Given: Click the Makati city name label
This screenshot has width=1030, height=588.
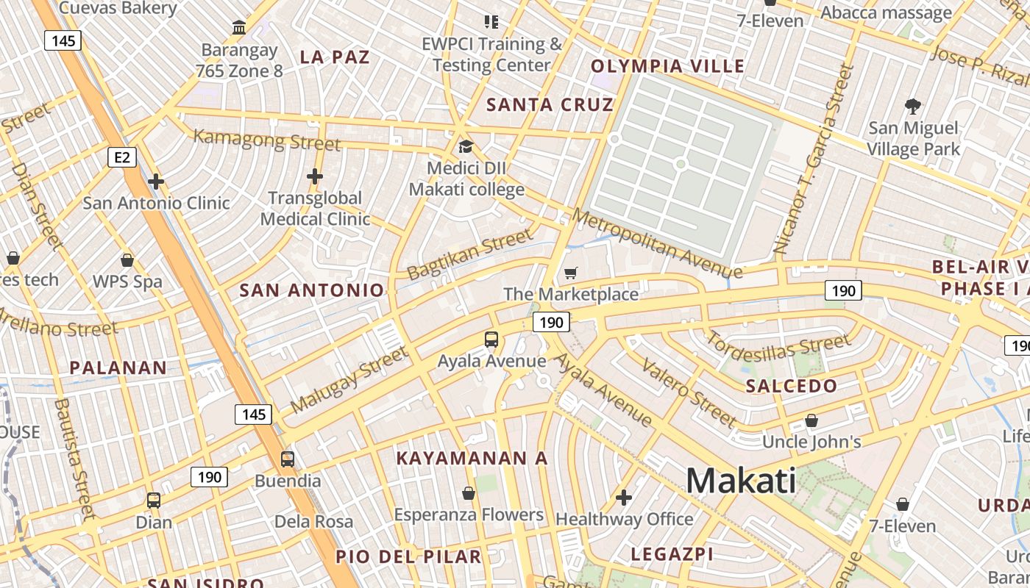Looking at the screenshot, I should click(741, 481).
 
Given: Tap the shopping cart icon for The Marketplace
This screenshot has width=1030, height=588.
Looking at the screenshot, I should click(570, 273).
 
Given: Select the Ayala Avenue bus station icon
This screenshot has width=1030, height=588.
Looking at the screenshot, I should click(491, 340).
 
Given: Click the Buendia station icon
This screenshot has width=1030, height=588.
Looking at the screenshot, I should click(288, 459).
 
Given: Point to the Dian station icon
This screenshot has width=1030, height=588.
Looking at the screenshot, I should click(154, 501).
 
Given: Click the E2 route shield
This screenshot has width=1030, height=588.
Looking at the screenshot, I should click(122, 157).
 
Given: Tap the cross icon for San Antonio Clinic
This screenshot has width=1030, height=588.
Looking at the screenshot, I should click(156, 181).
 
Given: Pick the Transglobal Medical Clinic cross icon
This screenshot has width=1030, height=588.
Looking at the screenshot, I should click(315, 176).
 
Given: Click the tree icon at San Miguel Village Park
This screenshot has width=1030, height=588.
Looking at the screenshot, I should click(913, 107).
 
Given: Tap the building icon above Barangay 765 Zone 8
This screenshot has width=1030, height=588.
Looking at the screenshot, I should click(239, 28).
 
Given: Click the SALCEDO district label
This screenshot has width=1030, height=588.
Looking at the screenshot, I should click(792, 386).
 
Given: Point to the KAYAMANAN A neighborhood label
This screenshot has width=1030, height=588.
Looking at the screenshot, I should click(472, 459).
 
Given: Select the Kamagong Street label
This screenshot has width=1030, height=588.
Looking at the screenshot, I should click(266, 139).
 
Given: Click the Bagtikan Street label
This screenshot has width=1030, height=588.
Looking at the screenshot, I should click(469, 254).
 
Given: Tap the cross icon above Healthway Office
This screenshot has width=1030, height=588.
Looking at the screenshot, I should click(624, 498).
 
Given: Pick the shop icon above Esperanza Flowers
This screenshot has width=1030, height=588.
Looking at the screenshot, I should click(469, 492).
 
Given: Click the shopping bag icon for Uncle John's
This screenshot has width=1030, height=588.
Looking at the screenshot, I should click(811, 420).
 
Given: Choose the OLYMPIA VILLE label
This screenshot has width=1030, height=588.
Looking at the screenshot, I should click(668, 66).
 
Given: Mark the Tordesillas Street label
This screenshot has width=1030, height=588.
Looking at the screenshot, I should click(778, 350).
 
